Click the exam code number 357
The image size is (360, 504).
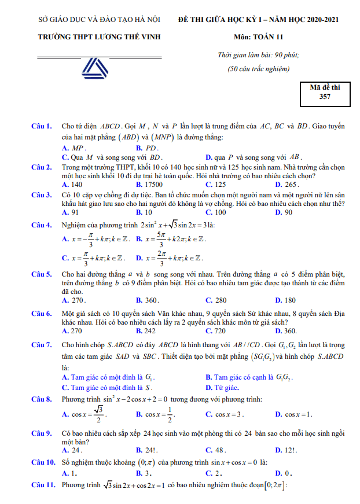click(325, 97)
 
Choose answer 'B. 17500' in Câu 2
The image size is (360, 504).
click(149, 184)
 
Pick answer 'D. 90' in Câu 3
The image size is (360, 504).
click(284, 212)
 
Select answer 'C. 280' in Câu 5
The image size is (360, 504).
click(216, 300)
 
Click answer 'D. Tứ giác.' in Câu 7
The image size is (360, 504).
click(223, 387)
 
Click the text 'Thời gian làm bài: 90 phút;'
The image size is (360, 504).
click(258, 55)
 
